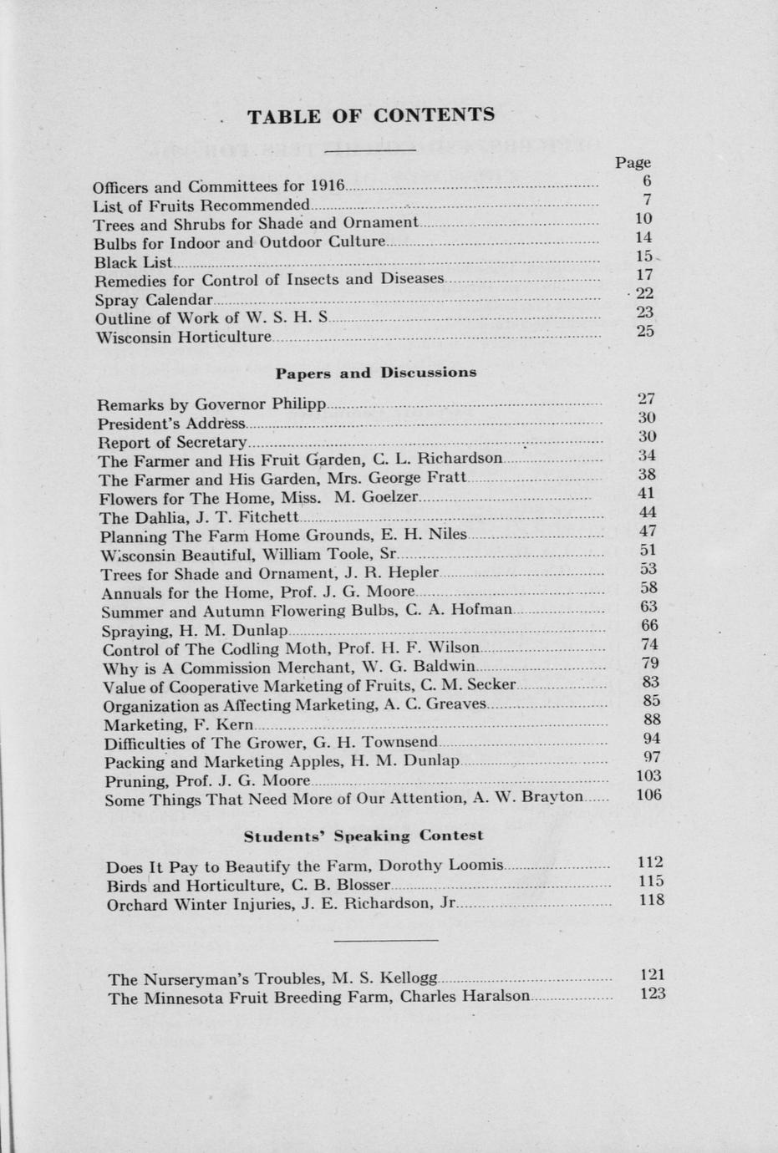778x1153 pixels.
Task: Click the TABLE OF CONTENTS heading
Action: click(x=371, y=115)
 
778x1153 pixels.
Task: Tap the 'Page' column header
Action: click(x=633, y=162)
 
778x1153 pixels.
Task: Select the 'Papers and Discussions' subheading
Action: click(x=376, y=373)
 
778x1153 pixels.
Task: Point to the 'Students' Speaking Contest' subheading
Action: click(x=364, y=836)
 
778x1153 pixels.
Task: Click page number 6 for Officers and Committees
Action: click(x=647, y=180)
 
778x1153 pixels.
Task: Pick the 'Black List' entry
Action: click(x=133, y=262)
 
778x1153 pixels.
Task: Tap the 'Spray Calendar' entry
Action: click(x=154, y=299)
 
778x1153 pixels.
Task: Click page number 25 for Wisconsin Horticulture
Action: click(x=644, y=331)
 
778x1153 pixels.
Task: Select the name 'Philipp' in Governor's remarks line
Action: click(x=298, y=404)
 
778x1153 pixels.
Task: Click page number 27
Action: click(x=646, y=399)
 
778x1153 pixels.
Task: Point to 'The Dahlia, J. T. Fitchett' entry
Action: click(x=199, y=517)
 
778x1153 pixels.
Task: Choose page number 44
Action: click(x=647, y=512)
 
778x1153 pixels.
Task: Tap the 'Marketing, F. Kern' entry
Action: click(x=178, y=724)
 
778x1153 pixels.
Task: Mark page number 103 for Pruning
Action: click(x=649, y=776)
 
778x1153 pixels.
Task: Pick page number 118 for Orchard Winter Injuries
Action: click(x=651, y=900)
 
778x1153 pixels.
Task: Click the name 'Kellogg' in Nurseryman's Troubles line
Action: click(x=408, y=978)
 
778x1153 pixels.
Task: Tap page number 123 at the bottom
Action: click(x=652, y=993)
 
